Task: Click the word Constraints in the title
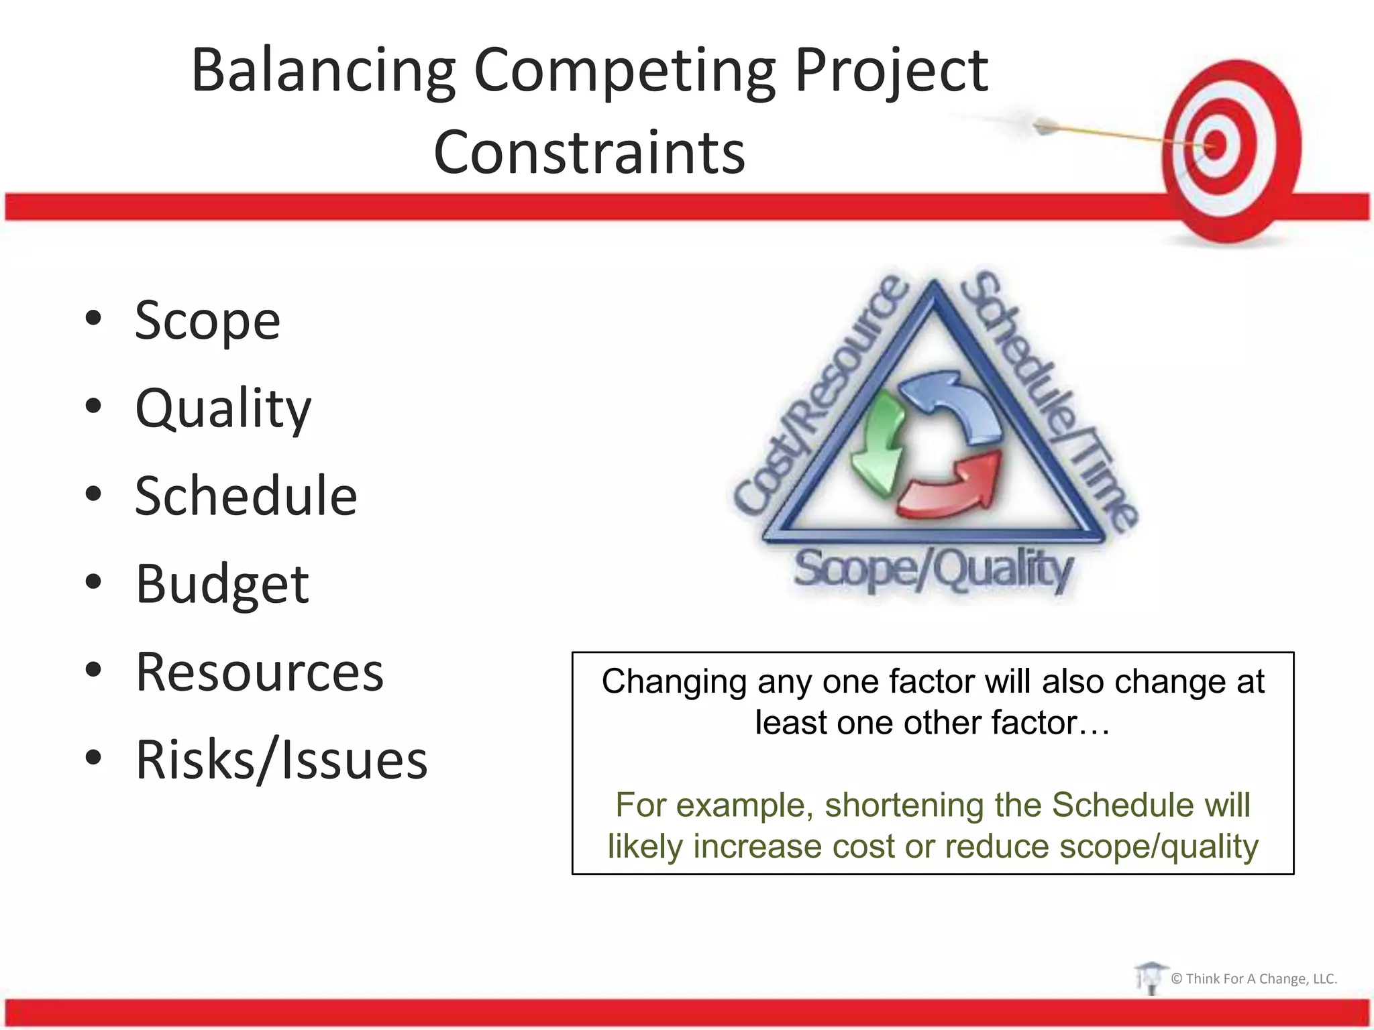point(589,153)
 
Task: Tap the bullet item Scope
point(207,321)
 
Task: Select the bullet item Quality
point(223,408)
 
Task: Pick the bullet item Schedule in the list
point(246,496)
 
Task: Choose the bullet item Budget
point(222,584)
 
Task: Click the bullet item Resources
point(260,672)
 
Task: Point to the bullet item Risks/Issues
point(281,760)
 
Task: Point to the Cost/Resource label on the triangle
point(822,396)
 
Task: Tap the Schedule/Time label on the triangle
point(1047,399)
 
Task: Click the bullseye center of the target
point(1216,144)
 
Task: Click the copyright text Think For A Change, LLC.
point(1253,979)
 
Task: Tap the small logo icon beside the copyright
point(1150,978)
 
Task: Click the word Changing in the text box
point(674,683)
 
